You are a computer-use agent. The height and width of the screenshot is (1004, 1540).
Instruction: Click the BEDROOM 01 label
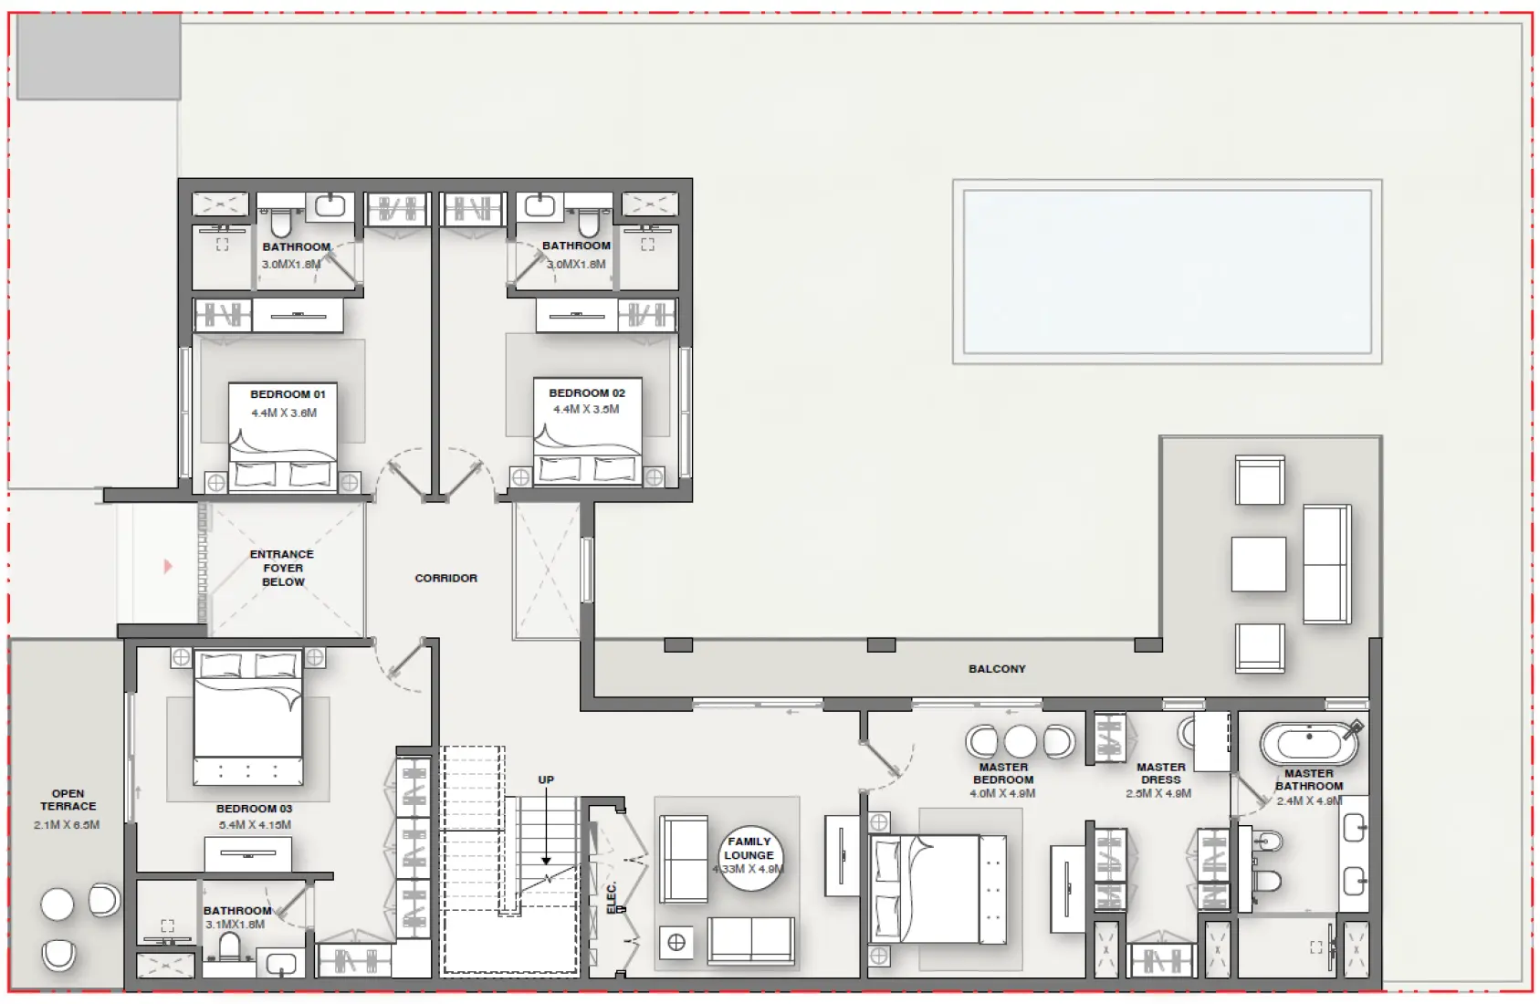288,394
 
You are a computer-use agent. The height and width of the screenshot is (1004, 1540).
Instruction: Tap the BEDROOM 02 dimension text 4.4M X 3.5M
586,410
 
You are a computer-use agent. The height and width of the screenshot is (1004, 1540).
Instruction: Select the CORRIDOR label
445,578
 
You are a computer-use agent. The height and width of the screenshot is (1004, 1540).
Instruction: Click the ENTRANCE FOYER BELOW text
282,568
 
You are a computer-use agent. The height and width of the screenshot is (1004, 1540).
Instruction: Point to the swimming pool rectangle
1167,271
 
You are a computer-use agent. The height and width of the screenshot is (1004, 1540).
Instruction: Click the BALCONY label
997,669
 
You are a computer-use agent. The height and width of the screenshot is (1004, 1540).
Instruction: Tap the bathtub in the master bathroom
1308,744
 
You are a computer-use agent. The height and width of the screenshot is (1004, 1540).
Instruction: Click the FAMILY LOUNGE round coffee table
749,855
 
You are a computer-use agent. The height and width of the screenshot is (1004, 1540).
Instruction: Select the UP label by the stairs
546,779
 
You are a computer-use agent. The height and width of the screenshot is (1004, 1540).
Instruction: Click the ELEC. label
613,896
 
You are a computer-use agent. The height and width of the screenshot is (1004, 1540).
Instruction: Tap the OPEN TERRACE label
68,800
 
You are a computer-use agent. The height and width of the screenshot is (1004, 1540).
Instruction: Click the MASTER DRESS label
1160,773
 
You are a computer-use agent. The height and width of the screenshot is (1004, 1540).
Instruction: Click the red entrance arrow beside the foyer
168,567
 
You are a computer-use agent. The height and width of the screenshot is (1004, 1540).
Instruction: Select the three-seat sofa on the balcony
1326,564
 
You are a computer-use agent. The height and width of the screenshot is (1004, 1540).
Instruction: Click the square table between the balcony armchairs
1258,564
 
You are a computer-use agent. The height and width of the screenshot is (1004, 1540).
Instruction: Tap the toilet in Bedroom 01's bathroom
281,222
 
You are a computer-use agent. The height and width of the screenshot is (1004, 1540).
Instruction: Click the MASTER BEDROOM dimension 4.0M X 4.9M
1002,794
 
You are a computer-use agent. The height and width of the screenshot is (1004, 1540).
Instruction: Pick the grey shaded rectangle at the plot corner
99,56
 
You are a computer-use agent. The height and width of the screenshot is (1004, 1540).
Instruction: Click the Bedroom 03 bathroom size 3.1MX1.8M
235,925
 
